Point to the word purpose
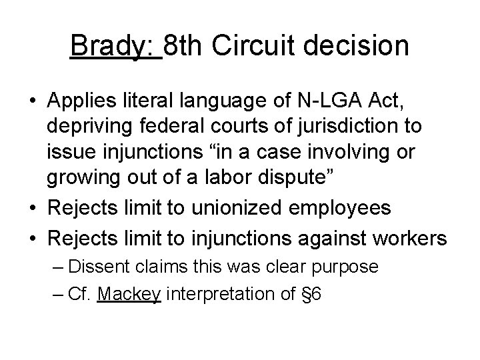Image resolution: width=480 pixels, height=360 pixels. tap(350, 267)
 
